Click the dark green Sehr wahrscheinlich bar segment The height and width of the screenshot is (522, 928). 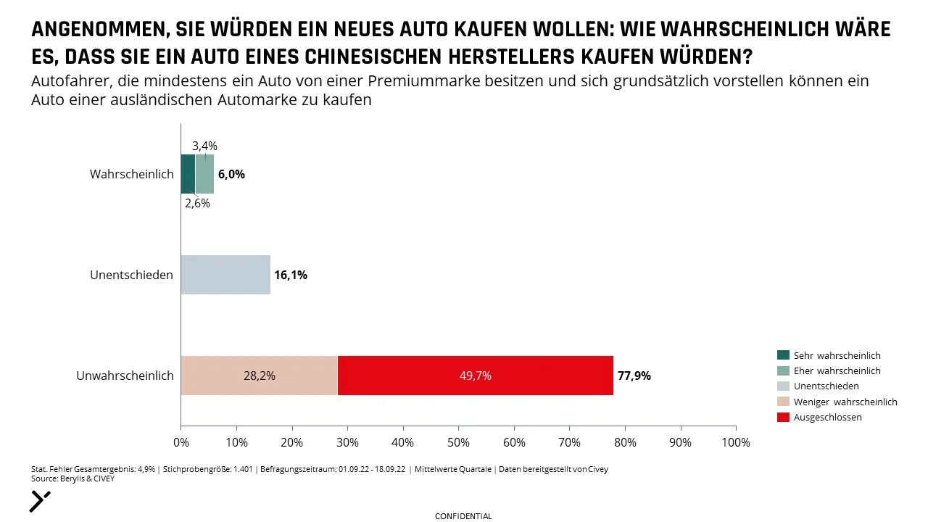click(188, 174)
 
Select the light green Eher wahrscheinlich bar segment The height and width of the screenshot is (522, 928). click(204, 174)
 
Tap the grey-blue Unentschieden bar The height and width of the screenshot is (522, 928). click(225, 275)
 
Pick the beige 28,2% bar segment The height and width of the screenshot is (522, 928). click(260, 376)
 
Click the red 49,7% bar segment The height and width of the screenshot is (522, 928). click(476, 376)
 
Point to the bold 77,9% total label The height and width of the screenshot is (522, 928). click(634, 376)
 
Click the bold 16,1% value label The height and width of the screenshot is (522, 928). click(291, 275)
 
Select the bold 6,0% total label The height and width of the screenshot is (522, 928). click(231, 175)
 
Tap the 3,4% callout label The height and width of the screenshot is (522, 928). click(204, 146)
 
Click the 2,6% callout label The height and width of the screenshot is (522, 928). click(198, 204)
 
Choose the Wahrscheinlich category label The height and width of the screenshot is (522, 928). click(132, 174)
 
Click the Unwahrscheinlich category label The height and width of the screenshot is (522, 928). click(125, 376)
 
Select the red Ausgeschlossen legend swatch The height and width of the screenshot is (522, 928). click(783, 417)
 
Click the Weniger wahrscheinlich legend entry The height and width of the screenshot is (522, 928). click(837, 402)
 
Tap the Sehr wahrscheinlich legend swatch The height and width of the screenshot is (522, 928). click(783, 355)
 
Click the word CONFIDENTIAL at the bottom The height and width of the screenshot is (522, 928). click(463, 516)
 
